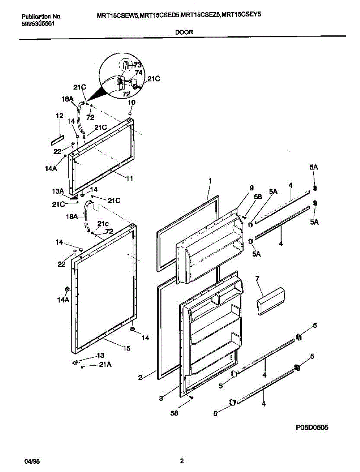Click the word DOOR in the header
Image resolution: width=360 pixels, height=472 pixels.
pyautogui.click(x=184, y=32)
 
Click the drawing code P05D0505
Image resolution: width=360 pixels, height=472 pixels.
pyautogui.click(x=309, y=427)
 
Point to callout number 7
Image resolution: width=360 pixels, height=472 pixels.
pyautogui.click(x=257, y=279)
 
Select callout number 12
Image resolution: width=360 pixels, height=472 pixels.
pyautogui.click(x=59, y=116)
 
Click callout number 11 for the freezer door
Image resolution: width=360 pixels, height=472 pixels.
pyautogui.click(x=129, y=178)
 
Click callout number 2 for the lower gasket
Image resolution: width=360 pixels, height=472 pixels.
pyautogui.click(x=140, y=378)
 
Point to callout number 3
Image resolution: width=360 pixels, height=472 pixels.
pyautogui.click(x=161, y=398)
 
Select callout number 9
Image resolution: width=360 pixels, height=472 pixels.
pyautogui.click(x=241, y=188)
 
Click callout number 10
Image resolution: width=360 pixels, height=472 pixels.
pyautogui.click(x=132, y=102)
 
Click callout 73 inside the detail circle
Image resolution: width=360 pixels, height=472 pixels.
pyautogui.click(x=137, y=65)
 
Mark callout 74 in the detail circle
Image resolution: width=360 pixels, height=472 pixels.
pyautogui.click(x=138, y=72)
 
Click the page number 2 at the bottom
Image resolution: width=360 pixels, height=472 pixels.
pyautogui.click(x=182, y=461)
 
